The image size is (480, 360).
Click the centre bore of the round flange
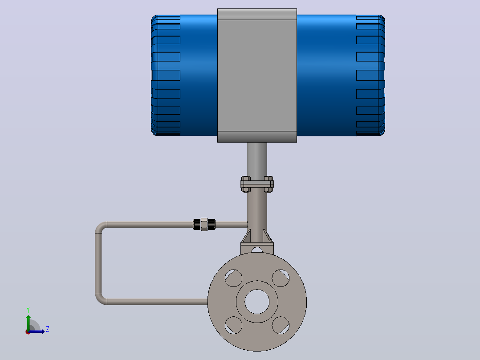[x=257, y=302]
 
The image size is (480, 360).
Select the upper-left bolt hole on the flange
[x=234, y=278]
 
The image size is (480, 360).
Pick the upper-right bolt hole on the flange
[x=281, y=278]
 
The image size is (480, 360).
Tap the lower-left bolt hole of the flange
[x=234, y=325]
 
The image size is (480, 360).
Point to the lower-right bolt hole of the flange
[x=281, y=325]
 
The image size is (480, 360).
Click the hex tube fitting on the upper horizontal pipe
[x=204, y=224]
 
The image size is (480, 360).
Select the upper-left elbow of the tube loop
[x=101, y=227]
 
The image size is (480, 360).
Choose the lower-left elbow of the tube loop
[x=101, y=299]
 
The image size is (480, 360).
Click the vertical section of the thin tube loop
[x=98, y=263]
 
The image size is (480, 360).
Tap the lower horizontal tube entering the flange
[x=157, y=302]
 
